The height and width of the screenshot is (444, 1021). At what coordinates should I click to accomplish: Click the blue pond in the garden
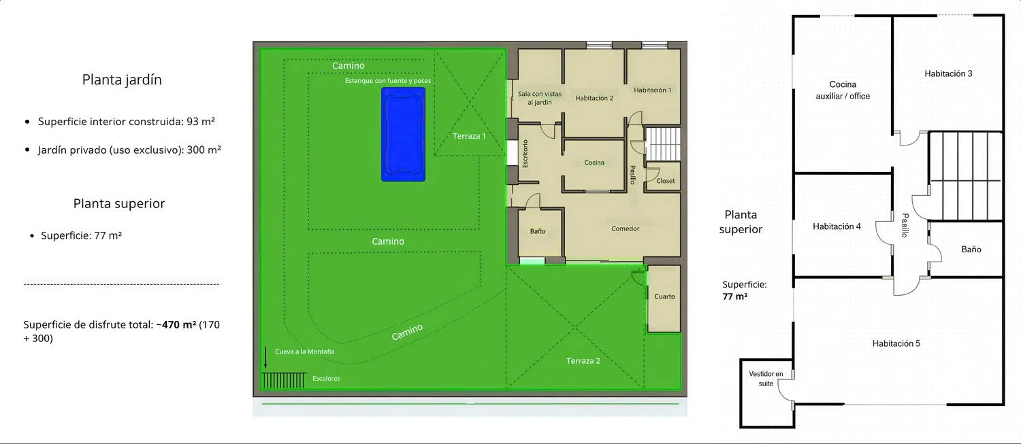point(404,135)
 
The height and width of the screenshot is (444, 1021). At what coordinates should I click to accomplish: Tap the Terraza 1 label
point(469,136)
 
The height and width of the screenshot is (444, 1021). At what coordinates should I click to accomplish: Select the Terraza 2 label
point(583,361)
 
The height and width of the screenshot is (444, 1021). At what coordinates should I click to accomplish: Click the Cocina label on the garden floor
point(594,163)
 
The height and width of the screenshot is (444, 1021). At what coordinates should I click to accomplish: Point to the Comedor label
point(625,228)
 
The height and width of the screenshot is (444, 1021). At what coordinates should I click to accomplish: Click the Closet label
point(666,181)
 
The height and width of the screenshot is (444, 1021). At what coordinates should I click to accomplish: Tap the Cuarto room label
point(664,296)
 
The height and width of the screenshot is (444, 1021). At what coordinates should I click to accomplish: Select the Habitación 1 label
point(652,90)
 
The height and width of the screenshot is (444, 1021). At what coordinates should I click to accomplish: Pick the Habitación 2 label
point(594,98)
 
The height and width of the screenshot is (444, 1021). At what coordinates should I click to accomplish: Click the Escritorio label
point(525,154)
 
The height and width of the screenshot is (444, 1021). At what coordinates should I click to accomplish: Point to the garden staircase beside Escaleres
point(284,380)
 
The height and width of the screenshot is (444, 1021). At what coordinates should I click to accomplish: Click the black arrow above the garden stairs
point(265,358)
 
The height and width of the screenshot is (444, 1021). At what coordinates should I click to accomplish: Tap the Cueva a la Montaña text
point(304,352)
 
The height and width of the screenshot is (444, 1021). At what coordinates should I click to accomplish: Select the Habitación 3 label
point(948,73)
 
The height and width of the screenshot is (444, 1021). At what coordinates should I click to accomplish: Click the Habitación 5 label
point(896,343)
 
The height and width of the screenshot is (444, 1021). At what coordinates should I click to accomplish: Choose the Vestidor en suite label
point(766,379)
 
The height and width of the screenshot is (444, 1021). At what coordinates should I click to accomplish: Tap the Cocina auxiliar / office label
point(843,90)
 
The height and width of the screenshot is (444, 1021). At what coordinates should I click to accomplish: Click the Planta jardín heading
point(122,80)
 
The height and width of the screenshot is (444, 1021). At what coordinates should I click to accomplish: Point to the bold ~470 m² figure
point(176,325)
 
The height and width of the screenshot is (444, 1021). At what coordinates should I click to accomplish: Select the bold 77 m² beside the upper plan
point(734,296)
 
